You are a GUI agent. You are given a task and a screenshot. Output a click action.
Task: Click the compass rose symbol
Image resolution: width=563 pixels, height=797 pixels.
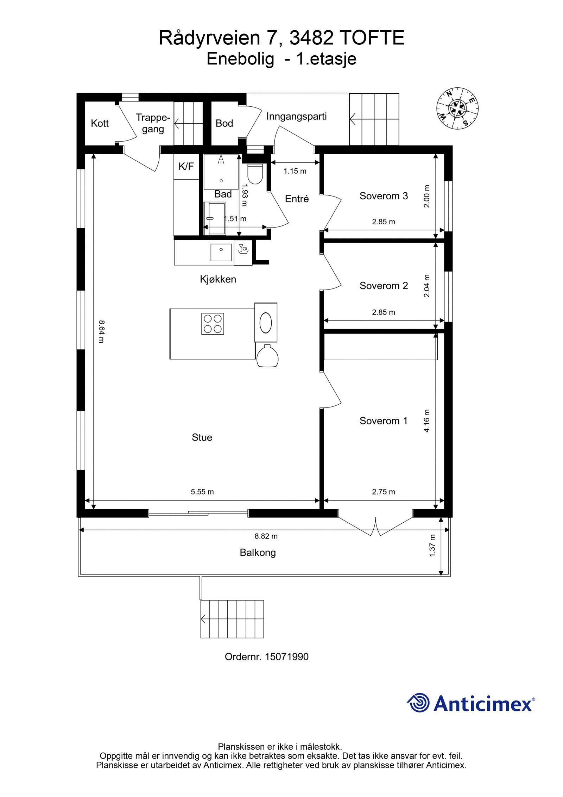coord(457,108)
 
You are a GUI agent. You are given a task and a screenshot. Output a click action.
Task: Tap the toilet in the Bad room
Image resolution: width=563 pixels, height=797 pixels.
coord(255,174)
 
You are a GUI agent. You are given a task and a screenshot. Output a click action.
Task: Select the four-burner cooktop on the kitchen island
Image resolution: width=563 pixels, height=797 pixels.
coord(213,324)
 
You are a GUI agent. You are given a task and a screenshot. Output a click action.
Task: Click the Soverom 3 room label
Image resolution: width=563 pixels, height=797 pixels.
coord(384,196)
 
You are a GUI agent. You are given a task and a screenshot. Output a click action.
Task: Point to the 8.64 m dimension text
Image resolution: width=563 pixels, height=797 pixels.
coord(101,331)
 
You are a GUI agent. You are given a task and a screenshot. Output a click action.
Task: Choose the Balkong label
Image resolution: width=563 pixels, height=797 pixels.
coord(258,553)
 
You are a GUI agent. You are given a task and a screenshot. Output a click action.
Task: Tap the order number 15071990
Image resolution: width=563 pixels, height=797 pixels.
coord(286,657)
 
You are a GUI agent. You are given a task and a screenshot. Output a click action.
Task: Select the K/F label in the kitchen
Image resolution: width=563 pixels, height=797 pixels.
coord(186,166)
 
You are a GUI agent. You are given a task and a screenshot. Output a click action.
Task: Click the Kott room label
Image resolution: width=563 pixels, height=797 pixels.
coord(100,123)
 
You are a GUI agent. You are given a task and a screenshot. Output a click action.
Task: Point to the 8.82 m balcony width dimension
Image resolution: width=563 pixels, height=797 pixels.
coord(266,536)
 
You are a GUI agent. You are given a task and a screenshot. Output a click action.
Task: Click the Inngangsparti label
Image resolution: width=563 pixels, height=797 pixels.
coord(296,117)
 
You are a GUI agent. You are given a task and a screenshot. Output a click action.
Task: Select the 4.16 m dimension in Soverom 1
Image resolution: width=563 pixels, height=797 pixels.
coord(427,421)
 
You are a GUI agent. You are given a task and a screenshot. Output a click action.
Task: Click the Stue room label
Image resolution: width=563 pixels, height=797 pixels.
coord(202,437)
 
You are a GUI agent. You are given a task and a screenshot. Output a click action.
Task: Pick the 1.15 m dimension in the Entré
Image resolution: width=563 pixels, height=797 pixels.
coord(295,171)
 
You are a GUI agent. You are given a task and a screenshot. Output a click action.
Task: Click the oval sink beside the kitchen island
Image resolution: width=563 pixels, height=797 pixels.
coord(266,322)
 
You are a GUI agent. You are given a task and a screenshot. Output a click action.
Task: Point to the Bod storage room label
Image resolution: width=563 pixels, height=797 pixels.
coord(224,123)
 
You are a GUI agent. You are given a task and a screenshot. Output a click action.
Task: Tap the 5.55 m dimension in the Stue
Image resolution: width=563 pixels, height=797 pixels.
coord(202,492)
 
